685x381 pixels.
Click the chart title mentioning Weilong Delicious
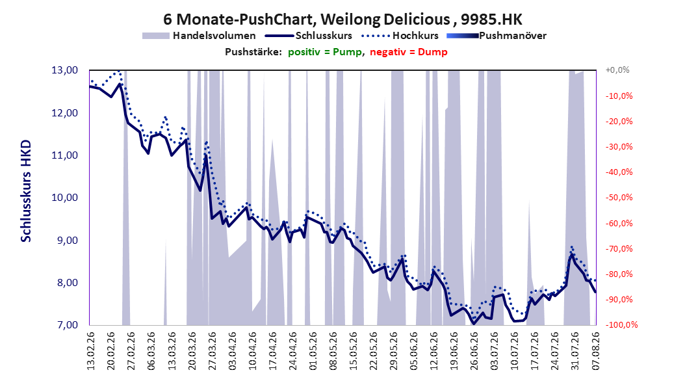click(343, 20)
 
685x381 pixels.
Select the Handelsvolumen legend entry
click(200, 36)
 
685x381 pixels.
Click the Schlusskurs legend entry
click(309, 36)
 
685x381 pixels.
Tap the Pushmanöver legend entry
click(497, 36)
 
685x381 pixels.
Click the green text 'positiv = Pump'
click(324, 52)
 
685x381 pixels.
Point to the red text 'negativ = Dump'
click(409, 52)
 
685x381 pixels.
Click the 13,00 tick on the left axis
click(64, 70)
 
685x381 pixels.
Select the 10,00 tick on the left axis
click(64, 198)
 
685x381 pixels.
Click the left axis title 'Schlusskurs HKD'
click(26, 191)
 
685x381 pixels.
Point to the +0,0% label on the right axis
click(617, 70)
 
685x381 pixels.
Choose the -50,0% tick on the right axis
click(619, 198)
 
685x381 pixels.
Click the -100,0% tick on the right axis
click(621, 325)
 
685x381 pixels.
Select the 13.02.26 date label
click(91, 351)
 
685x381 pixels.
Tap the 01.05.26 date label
click(313, 351)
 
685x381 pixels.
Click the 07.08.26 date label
click(596, 351)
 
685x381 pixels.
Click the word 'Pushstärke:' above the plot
click(253, 52)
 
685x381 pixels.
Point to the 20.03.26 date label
click(192, 351)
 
